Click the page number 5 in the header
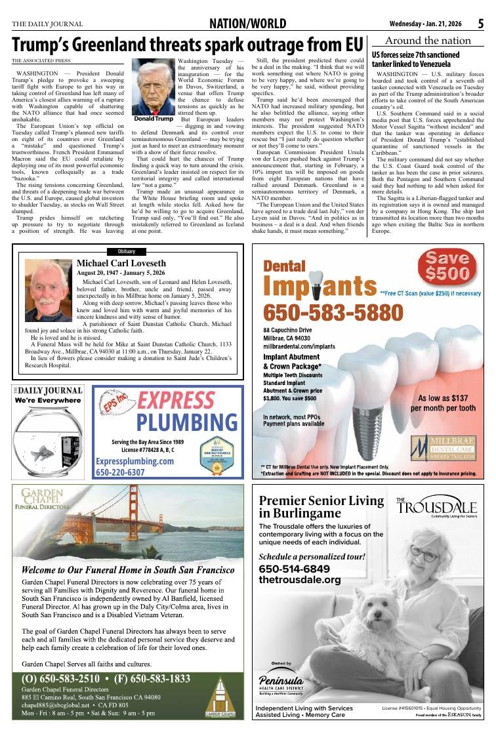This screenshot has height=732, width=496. click(x=480, y=24)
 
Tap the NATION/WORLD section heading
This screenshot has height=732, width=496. click(x=247, y=24)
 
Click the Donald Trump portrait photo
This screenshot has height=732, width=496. click(x=154, y=87)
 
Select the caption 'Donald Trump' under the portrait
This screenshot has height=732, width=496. click(x=154, y=119)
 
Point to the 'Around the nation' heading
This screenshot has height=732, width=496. click(x=428, y=41)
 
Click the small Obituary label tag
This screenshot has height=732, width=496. click(x=127, y=251)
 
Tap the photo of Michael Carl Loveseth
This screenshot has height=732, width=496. click(x=49, y=289)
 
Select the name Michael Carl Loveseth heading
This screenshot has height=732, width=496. click(x=131, y=263)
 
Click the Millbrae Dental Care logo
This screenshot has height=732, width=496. click(x=443, y=447)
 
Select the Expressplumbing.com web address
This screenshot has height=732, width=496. click(x=134, y=461)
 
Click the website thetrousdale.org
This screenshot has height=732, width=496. click(x=300, y=580)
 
